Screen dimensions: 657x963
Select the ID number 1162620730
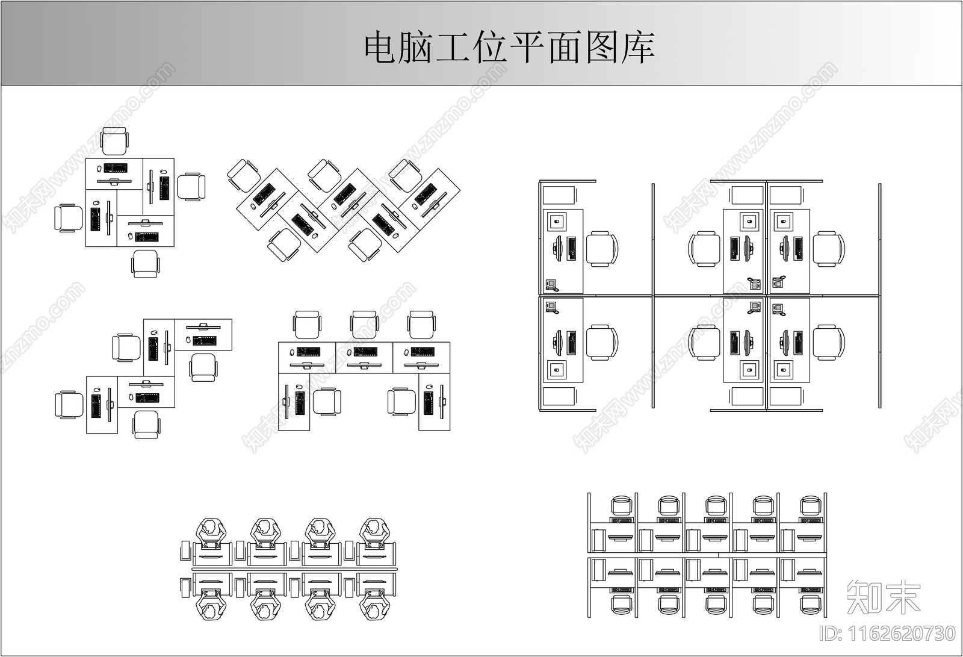(888, 634)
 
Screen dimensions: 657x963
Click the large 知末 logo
(883, 596)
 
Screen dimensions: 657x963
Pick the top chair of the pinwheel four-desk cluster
(114, 142)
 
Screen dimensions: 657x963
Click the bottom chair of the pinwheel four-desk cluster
(146, 264)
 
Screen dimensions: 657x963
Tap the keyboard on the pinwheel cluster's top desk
(115, 167)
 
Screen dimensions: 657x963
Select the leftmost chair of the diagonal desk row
(244, 175)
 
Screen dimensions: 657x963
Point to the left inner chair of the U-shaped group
(327, 402)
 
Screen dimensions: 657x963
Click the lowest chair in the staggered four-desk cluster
(146, 424)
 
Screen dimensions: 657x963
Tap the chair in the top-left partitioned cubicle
(602, 249)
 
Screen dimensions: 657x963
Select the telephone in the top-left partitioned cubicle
(552, 285)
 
